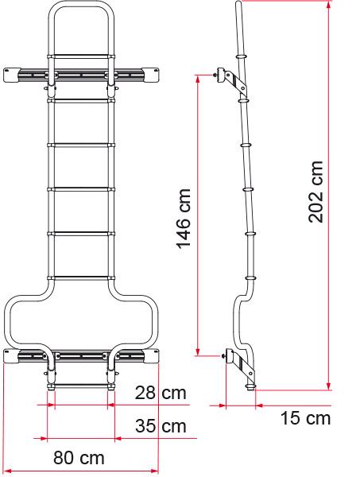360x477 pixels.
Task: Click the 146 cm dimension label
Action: (x=184, y=219)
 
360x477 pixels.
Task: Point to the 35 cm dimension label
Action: (x=161, y=426)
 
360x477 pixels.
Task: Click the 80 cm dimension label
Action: (x=79, y=459)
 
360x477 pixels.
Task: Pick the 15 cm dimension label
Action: (x=305, y=418)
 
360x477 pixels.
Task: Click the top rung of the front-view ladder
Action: (x=81, y=56)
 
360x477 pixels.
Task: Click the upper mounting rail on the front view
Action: (x=81, y=74)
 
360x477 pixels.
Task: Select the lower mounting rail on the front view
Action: (x=81, y=355)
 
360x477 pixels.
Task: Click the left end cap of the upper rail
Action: (x=14, y=74)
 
